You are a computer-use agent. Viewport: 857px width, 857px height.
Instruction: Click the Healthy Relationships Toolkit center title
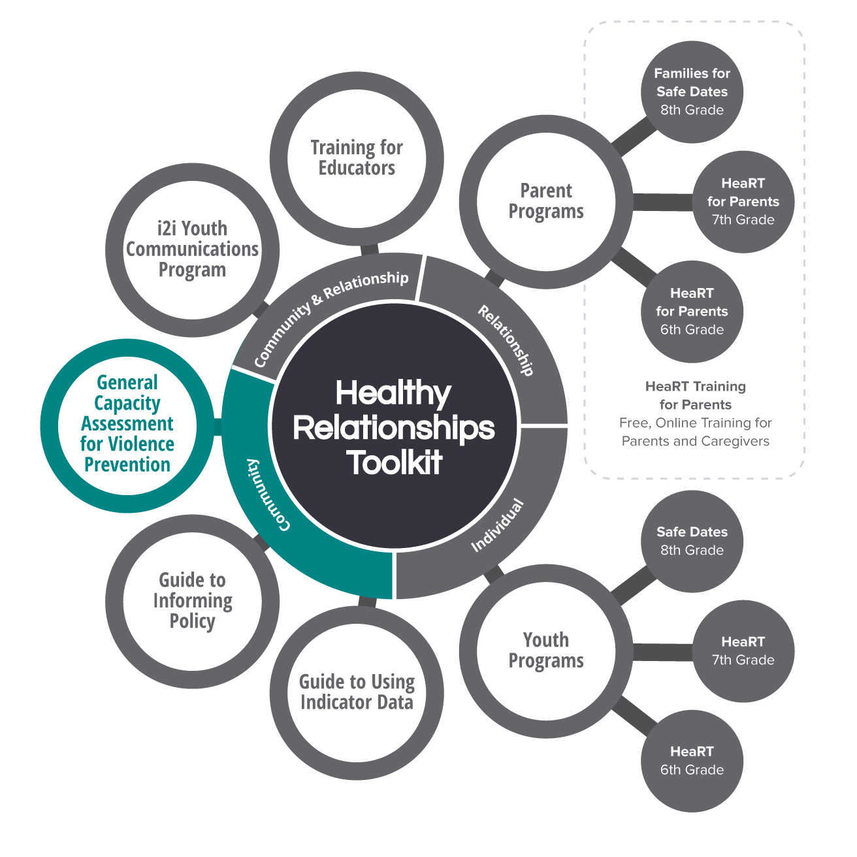tap(394, 428)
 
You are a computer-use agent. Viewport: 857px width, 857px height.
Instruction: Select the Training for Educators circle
tap(357, 158)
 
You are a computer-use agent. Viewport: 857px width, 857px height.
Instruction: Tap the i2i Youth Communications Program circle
tap(193, 250)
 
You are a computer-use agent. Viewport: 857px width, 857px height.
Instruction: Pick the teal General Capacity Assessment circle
tap(127, 424)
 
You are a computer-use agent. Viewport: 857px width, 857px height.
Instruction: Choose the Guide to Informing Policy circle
tap(193, 601)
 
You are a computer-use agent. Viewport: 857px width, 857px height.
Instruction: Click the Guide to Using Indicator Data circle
tap(357, 692)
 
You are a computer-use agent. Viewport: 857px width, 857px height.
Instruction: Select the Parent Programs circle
tap(546, 201)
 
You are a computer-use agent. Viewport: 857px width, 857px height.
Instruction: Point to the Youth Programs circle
tap(546, 651)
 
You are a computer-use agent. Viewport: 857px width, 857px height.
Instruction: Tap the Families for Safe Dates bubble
tap(692, 91)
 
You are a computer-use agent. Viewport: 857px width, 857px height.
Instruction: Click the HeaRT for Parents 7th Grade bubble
tap(743, 201)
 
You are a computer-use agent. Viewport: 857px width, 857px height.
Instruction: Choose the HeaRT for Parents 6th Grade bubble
tap(692, 311)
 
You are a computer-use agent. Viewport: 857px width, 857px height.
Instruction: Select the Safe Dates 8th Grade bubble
tap(692, 541)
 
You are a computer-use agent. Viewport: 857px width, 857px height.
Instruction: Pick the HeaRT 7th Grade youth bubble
tap(743, 651)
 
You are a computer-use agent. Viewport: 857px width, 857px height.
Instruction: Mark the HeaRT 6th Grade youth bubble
tap(692, 760)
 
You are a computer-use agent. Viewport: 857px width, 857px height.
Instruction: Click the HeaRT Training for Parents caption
tap(695, 395)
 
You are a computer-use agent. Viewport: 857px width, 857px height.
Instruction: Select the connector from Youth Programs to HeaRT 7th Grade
tap(662, 652)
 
